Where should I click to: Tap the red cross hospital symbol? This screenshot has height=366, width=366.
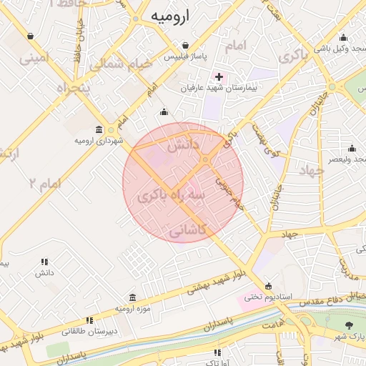pyautogui.click(x=219, y=76)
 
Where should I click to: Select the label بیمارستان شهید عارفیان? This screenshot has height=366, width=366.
pyautogui.click(x=219, y=87)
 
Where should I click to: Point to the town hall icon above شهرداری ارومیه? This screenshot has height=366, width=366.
pyautogui.click(x=98, y=129)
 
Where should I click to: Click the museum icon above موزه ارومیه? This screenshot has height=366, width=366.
pyautogui.click(x=132, y=297)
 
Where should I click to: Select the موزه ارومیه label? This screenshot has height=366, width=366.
pyautogui.click(x=132, y=308)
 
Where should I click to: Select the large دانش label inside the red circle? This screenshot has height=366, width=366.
pyautogui.click(x=181, y=146)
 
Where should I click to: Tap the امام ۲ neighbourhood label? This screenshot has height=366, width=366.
pyautogui.click(x=44, y=184)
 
